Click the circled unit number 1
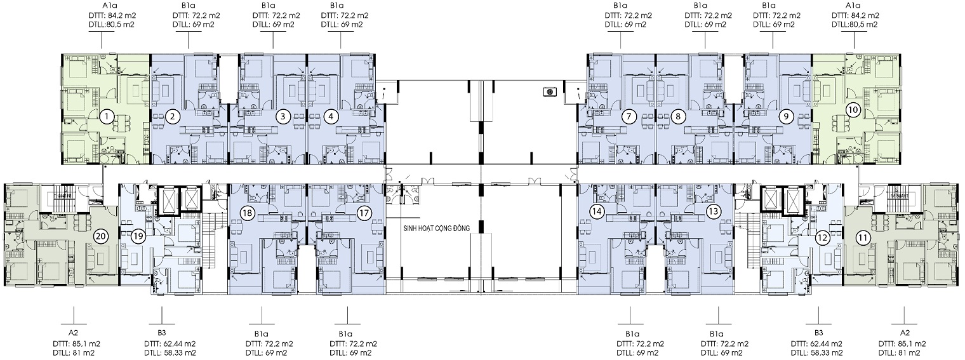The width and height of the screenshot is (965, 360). (107, 116)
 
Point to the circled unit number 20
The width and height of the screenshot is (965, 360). (101, 236)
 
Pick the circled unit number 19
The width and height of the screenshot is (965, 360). (138, 236)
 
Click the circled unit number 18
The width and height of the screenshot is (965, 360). (248, 213)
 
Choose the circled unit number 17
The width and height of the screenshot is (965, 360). (364, 213)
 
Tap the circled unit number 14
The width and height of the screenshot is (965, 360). (597, 211)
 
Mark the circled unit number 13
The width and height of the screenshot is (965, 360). (714, 211)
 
